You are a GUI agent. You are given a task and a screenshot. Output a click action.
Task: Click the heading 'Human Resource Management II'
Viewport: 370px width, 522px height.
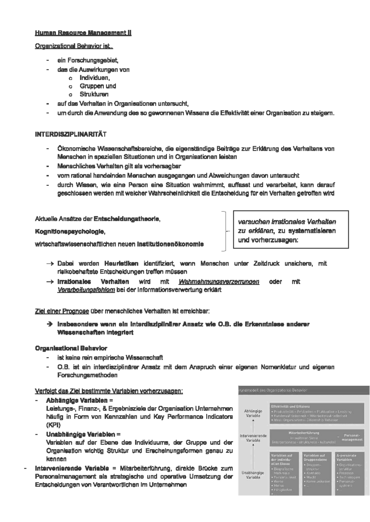click(83, 33)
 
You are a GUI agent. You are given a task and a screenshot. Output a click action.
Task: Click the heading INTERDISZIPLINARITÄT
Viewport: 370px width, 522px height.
click(71, 135)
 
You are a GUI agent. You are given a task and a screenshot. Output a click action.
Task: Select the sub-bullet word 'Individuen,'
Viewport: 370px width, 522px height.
click(95, 78)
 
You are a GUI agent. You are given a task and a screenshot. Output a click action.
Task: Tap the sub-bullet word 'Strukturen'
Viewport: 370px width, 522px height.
click(94, 94)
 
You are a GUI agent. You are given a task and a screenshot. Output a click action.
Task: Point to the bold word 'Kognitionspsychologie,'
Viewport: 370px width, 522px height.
click(70, 231)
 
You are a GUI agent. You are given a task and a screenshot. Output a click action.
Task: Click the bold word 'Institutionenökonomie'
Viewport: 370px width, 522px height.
click(170, 244)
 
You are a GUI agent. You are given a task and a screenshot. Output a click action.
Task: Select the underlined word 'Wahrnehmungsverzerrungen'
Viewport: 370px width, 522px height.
click(219, 282)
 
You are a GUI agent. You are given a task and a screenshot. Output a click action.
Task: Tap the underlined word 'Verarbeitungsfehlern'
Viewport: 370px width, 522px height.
click(86, 290)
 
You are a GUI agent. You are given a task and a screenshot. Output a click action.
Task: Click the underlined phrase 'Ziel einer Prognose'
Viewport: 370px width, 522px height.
click(62, 311)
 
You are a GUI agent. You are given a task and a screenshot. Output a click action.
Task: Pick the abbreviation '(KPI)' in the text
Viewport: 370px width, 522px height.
click(53, 425)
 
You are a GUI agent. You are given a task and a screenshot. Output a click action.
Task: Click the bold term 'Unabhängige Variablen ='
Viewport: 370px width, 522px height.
click(83, 434)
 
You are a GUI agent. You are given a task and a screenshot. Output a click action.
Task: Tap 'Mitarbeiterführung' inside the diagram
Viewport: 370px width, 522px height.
click(304, 433)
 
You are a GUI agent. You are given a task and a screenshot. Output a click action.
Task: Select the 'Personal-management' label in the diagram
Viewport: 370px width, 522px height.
click(352, 437)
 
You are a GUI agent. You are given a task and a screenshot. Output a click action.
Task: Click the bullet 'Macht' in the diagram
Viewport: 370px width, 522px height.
click(311, 477)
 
